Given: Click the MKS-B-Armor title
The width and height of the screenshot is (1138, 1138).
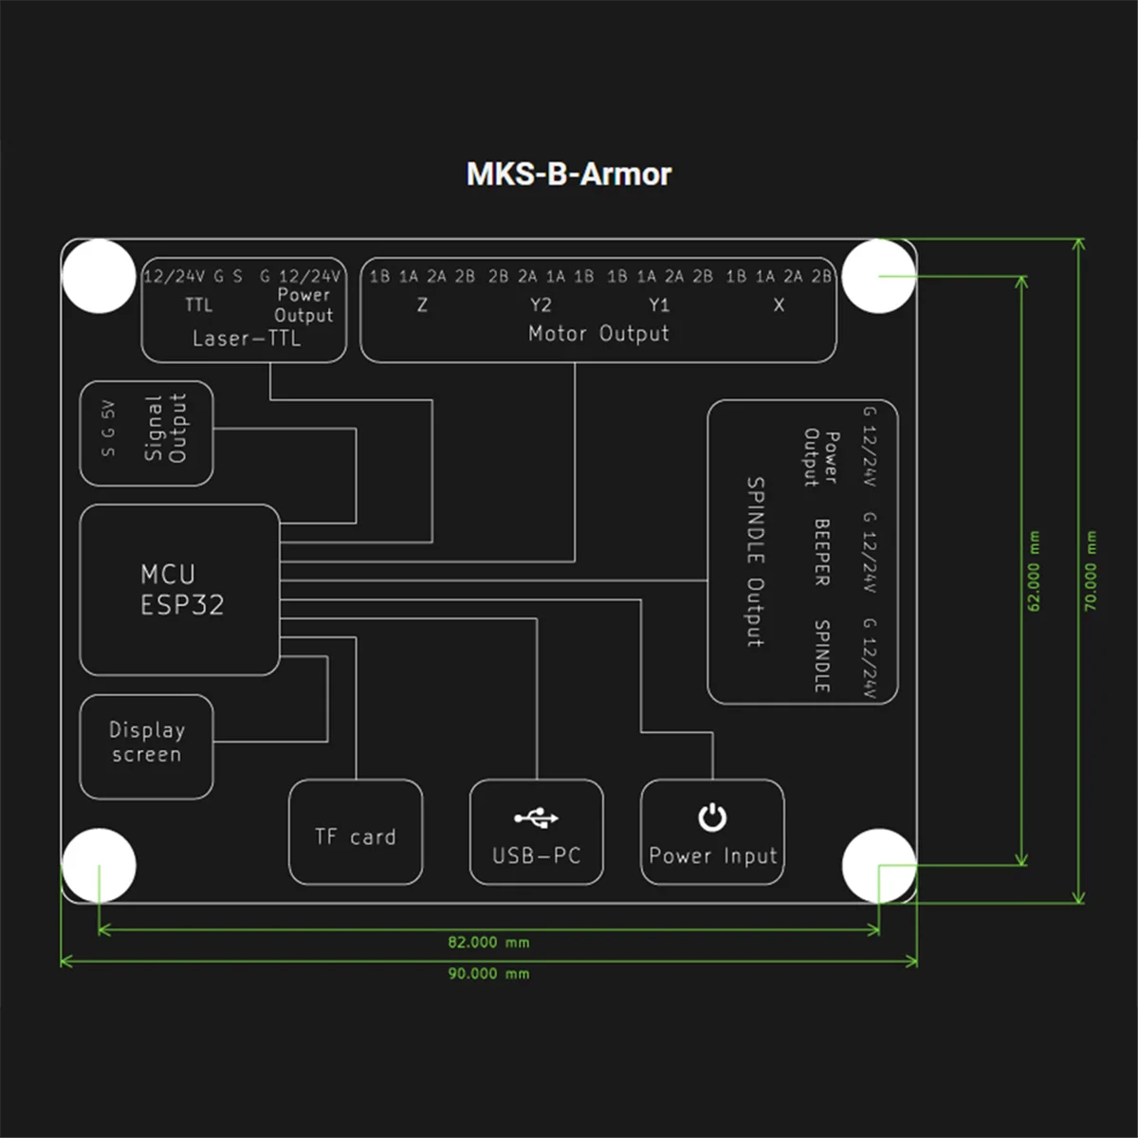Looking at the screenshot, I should (x=569, y=174).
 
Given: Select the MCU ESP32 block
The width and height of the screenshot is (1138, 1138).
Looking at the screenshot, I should (x=180, y=590).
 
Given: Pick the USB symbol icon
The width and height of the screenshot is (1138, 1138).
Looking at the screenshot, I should (x=536, y=817).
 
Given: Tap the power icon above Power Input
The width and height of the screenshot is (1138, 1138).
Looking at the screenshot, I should (x=712, y=817).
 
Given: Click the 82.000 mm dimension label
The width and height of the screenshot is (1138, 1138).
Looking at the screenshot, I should (x=488, y=943).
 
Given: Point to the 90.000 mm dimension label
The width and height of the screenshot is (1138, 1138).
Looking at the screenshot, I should (x=488, y=974).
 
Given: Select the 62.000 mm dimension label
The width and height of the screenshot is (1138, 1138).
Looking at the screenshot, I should (x=1034, y=571).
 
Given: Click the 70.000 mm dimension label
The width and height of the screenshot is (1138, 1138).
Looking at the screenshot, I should (x=1091, y=571).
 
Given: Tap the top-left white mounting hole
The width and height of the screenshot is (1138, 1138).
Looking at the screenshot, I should (x=99, y=276).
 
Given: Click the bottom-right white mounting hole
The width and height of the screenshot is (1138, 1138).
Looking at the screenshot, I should (x=879, y=866).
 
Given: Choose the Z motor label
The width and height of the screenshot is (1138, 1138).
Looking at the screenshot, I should (x=422, y=305).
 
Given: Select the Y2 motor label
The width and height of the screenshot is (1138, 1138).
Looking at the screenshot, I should (x=541, y=305).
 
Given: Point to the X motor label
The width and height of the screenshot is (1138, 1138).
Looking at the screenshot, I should (x=779, y=305).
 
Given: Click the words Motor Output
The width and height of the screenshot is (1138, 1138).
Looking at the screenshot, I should (x=598, y=334).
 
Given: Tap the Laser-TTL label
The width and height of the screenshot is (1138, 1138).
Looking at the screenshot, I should (x=246, y=339).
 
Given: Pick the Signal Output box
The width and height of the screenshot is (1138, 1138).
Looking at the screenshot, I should (x=147, y=433).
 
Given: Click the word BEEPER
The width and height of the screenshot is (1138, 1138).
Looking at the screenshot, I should (x=822, y=552).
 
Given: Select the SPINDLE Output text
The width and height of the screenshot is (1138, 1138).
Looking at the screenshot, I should (x=755, y=561).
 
